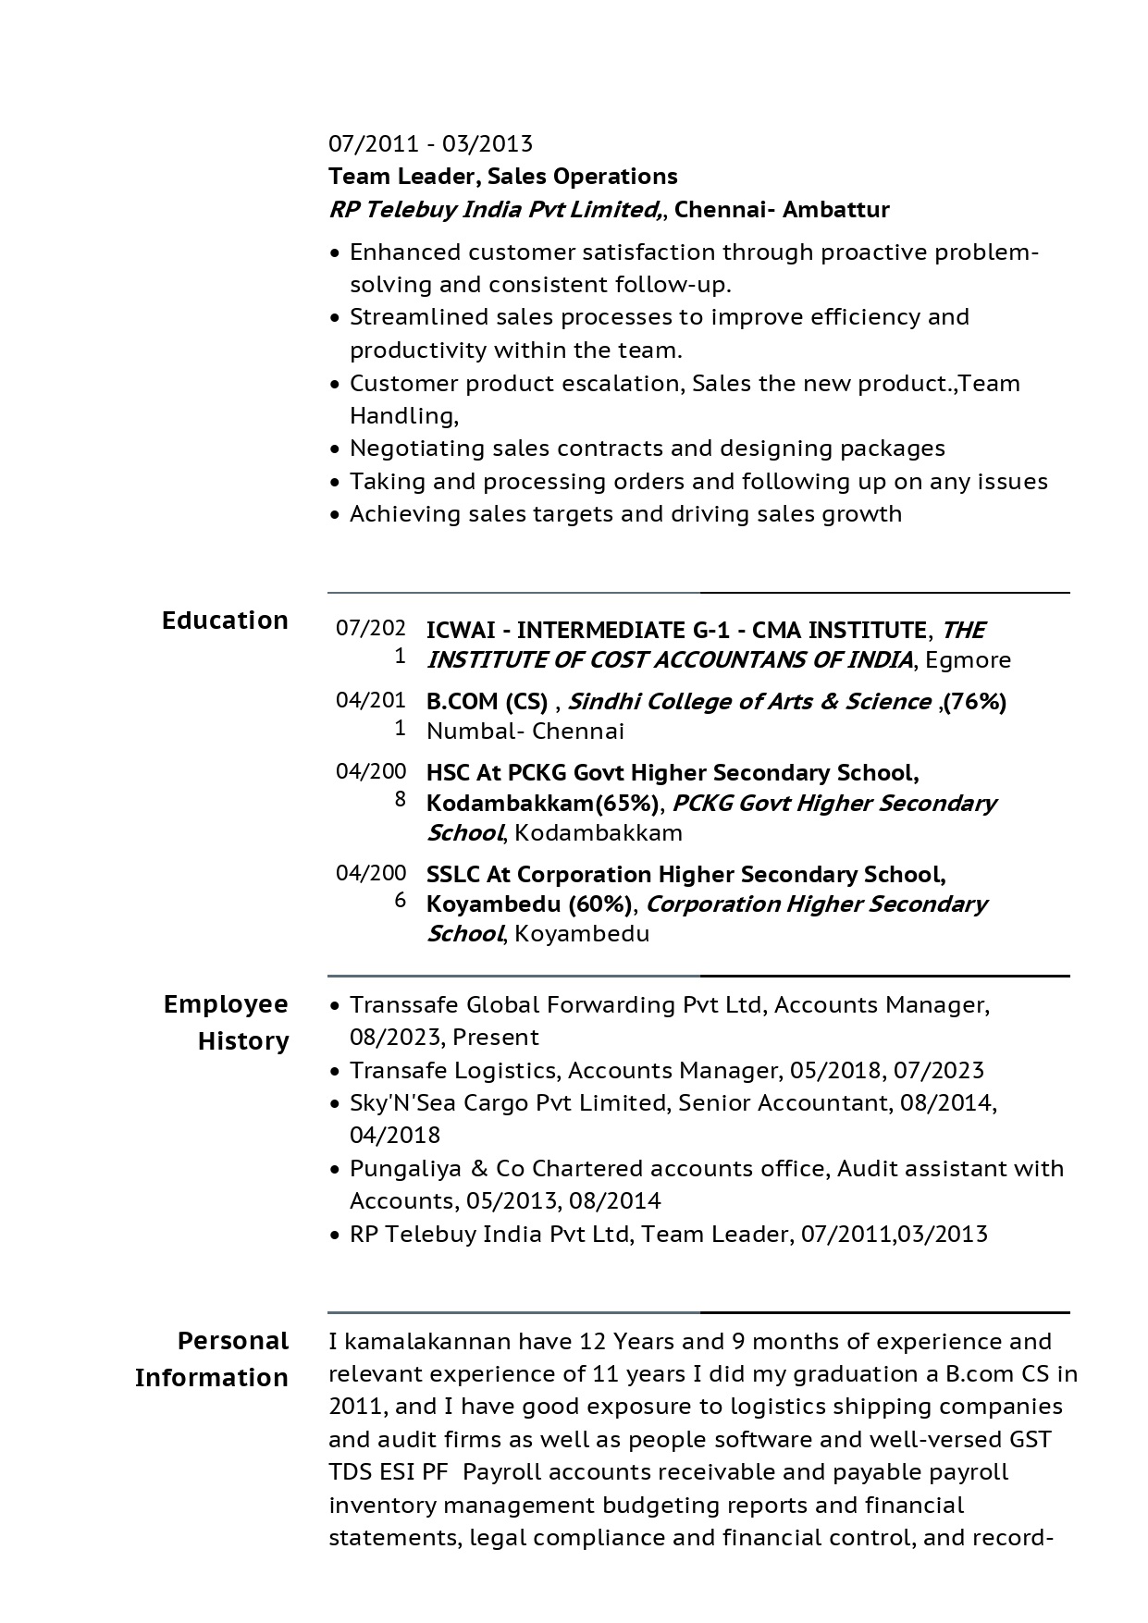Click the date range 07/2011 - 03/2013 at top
(x=430, y=143)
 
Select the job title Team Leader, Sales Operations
(x=503, y=176)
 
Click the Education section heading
(x=225, y=620)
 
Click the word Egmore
(x=968, y=659)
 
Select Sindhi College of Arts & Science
(x=748, y=701)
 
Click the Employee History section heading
(x=227, y=1022)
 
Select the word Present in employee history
(x=496, y=1037)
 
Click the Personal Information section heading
(x=212, y=1359)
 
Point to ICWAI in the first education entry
(x=459, y=630)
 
